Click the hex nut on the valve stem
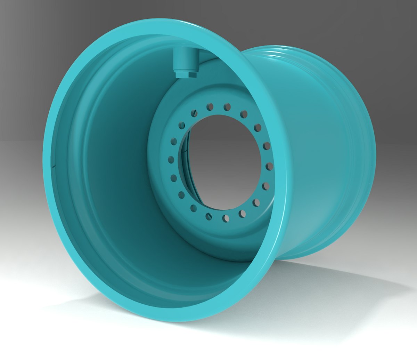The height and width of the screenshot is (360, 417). (x=186, y=74)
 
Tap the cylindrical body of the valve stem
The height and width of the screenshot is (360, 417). (x=186, y=59)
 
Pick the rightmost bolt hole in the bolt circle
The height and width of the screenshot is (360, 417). (x=269, y=167)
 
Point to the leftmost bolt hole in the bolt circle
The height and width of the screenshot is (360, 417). (x=171, y=160)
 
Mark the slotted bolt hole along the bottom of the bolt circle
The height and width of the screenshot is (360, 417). (x=209, y=216)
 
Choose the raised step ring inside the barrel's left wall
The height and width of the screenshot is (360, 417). (x=75, y=167)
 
